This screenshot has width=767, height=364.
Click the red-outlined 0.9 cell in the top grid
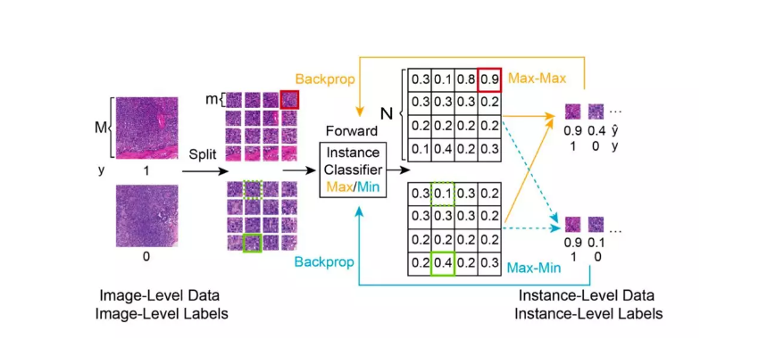488,80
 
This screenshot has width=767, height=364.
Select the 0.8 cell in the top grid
465,80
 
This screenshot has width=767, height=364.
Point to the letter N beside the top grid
385,113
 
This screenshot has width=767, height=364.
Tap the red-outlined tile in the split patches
290,99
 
